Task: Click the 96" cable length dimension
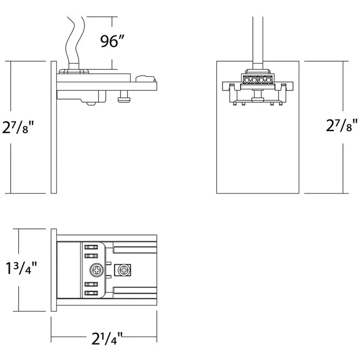pyautogui.click(x=112, y=41)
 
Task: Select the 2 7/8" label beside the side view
pyautogui.click(x=18, y=127)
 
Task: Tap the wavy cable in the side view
pyautogui.click(x=75, y=43)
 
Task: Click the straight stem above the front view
pyautogui.click(x=258, y=43)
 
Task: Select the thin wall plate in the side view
pyautogui.click(x=54, y=127)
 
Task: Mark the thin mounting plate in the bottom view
pyautogui.click(x=54, y=270)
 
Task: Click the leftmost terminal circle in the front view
pyautogui.click(x=247, y=80)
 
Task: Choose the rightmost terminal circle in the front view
pyautogui.click(x=268, y=80)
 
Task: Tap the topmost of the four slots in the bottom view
pyautogui.click(x=91, y=247)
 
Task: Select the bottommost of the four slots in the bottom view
pyautogui.click(x=91, y=293)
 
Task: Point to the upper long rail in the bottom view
pyautogui.click(x=135, y=250)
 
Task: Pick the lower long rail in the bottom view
pyautogui.click(x=135, y=290)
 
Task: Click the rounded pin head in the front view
pyautogui.click(x=258, y=100)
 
